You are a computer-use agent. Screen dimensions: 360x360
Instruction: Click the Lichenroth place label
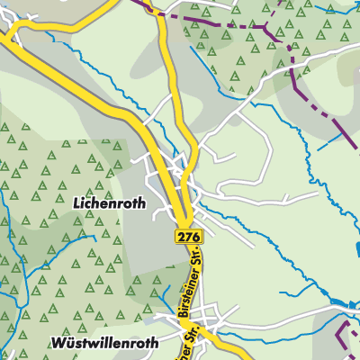[x=108, y=204]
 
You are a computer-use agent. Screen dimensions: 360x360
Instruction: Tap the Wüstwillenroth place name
[x=104, y=343]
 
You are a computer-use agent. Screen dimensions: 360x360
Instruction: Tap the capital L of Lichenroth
[x=75, y=204]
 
